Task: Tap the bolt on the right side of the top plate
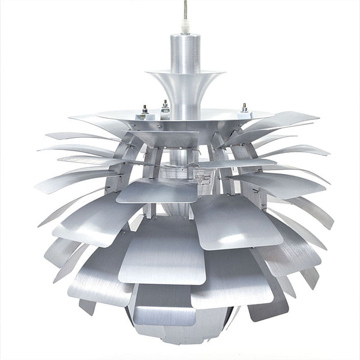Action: (244, 109)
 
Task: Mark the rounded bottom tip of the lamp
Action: (180, 345)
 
